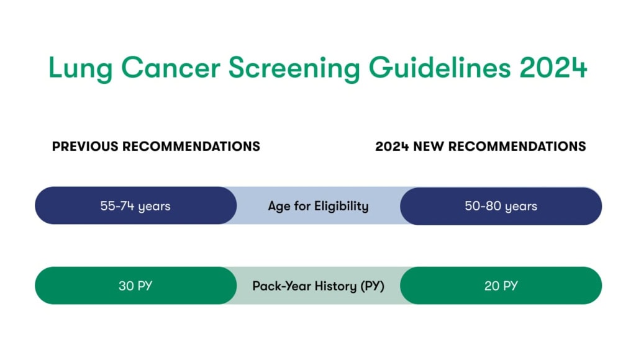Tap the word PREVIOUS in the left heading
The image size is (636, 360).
(85, 146)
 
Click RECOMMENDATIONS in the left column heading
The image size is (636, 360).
(191, 146)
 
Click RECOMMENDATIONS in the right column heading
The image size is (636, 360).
(517, 146)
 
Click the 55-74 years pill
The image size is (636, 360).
(135, 206)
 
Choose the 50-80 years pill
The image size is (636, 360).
(501, 206)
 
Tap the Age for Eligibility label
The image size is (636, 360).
(318, 206)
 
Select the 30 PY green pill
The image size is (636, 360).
(135, 286)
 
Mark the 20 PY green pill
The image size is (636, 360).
(501, 286)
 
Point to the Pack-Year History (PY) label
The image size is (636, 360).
(318, 286)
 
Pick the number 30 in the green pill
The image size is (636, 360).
(127, 286)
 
